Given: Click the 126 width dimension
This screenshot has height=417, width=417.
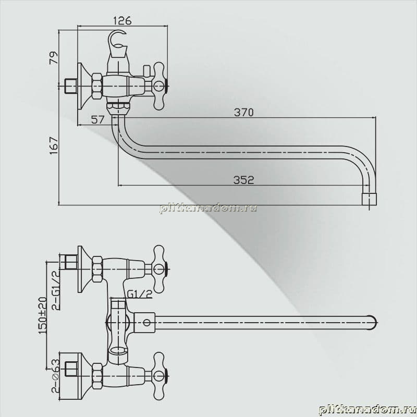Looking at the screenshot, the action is coord(122,21).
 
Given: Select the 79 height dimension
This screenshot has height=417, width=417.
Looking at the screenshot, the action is coord(54,58).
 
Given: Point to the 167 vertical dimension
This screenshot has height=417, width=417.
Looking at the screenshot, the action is coord(54,145).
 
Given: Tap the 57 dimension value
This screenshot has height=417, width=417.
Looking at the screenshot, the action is coord(98,120).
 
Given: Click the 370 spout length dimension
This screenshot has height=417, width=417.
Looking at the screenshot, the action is coord(243,113).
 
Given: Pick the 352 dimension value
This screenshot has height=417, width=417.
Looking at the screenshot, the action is coord(243,180).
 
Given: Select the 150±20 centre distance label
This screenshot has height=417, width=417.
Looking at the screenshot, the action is coord(43,315).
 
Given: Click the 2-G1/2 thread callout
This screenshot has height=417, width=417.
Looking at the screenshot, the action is coord(55,291).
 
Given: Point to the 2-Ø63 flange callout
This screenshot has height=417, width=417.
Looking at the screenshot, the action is coord(56,376).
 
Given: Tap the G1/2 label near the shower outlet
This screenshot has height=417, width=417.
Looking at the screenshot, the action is coord(139,294).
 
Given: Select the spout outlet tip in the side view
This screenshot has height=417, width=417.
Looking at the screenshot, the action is coord(370,200).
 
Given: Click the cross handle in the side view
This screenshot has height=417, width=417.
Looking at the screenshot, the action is coord(159,86).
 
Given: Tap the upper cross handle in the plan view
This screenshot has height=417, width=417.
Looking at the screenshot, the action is coord(159,269).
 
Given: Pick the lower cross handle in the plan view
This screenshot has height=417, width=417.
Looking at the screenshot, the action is coord(159,376).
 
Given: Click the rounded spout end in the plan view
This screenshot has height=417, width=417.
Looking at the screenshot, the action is coord(374,323).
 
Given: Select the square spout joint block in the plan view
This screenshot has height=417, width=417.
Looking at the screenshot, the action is coord(144,323).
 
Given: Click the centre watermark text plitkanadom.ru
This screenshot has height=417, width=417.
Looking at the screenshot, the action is coord(208,208).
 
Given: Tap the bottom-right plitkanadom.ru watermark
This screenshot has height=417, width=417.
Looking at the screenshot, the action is coord(367,410).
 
